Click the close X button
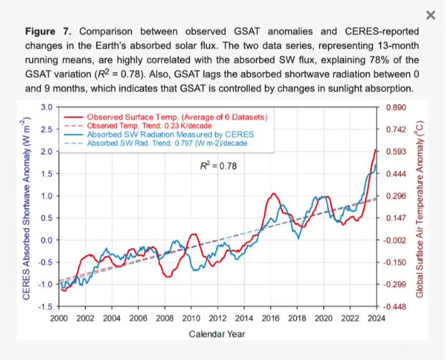430,15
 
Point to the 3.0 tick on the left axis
47,107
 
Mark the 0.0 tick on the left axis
47,240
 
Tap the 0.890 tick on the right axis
394,108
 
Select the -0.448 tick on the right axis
393,307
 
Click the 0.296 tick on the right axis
394,196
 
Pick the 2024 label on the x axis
376,318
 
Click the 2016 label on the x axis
270,318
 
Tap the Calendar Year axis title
217,334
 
